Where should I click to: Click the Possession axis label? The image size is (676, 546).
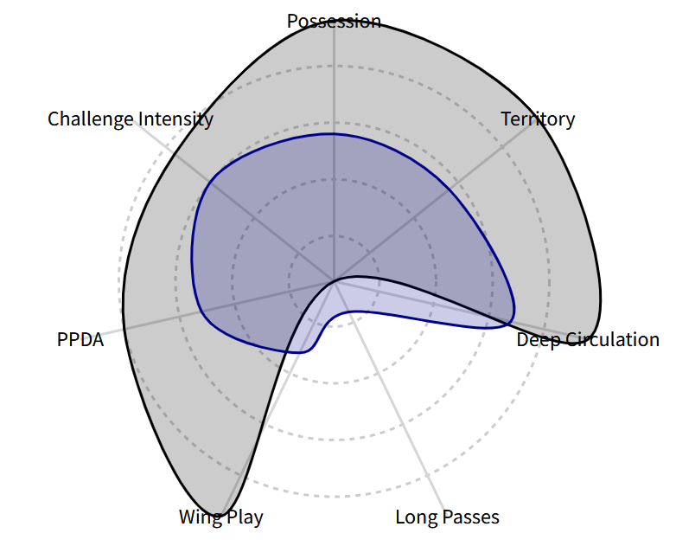point(335,22)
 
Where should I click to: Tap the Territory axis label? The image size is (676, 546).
point(538,119)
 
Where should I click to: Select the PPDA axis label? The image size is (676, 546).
point(80,340)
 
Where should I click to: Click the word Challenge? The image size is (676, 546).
point(91,119)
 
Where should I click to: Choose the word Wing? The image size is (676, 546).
point(199,517)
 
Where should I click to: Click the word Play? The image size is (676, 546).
point(244,517)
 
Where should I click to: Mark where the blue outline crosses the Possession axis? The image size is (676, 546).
point(334,134)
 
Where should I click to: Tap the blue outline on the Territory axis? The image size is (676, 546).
point(450,189)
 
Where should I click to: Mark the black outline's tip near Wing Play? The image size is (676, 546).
point(220,515)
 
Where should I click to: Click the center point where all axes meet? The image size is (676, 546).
point(334,279)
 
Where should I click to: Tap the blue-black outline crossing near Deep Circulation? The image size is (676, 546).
point(507,323)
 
